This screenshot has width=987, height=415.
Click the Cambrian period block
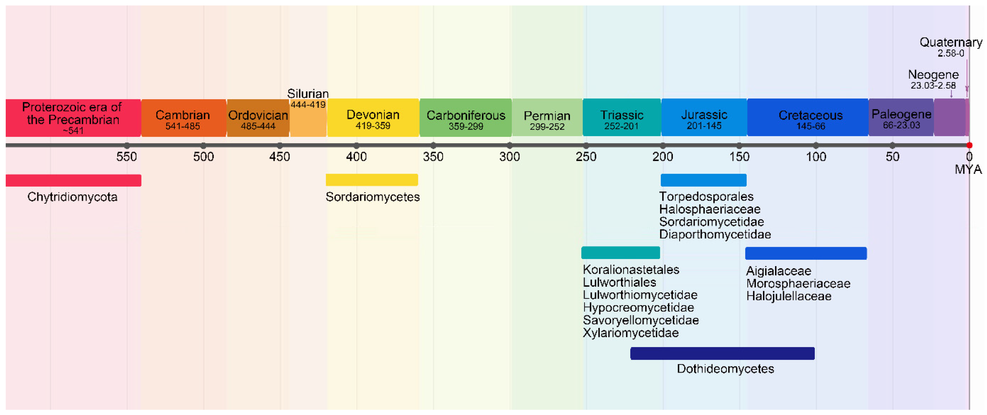[183, 118]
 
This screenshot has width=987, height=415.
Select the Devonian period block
[373, 118]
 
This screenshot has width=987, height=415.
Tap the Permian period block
[547, 118]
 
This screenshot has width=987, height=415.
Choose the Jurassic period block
[704, 118]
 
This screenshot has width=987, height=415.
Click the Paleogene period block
[901, 118]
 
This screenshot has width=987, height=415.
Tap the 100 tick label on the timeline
[816, 157]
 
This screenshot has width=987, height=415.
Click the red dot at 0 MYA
[969, 145]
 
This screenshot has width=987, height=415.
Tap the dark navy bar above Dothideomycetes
[722, 353]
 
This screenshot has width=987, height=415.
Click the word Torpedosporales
[706, 197]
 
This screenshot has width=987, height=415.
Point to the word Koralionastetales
[631, 270]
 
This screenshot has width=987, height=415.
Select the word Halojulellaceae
[789, 296]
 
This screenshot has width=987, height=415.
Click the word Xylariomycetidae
[631, 333]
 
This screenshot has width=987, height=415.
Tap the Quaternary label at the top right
[951, 42]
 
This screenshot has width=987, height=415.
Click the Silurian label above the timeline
[308, 93]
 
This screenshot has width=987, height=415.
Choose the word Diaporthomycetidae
[715, 234]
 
